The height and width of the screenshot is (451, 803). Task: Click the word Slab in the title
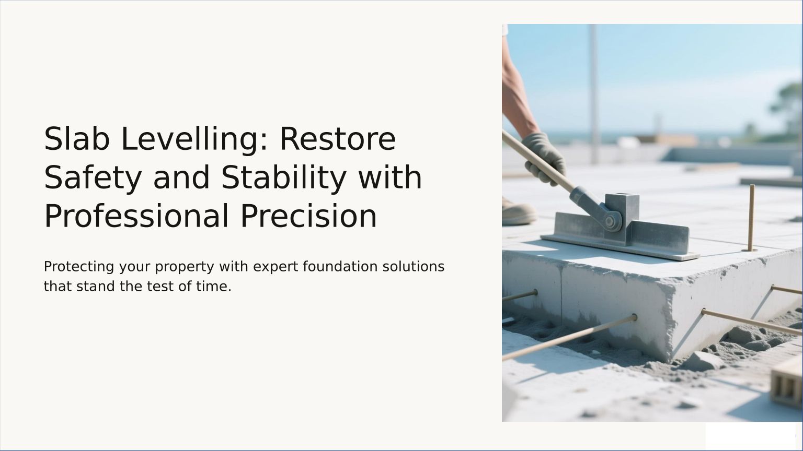tap(77, 139)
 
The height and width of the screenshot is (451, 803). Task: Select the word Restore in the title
tap(338, 139)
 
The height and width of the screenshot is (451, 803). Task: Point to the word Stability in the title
tap(283, 178)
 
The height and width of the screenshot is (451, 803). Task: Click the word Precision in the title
tap(308, 216)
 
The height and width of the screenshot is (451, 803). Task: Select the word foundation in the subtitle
tap(340, 267)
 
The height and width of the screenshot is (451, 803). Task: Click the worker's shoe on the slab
tap(518, 212)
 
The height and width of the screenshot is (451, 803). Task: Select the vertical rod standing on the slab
tap(751, 218)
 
